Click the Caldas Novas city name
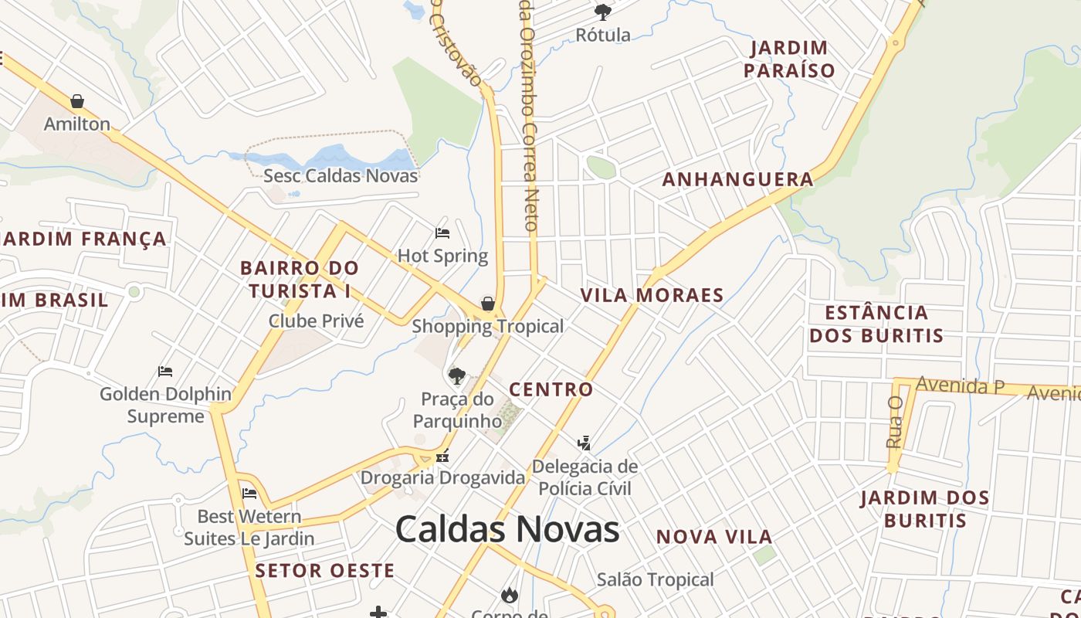(507, 530)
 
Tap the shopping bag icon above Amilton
(77, 101)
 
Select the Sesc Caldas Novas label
(341, 175)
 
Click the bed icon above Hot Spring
(442, 233)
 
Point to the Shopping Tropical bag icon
(488, 304)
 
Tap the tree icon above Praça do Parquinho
(457, 376)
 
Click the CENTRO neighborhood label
(551, 389)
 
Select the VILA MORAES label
(652, 295)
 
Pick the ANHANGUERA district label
(737, 180)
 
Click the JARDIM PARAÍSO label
(789, 59)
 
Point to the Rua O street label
(895, 422)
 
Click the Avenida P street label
(959, 385)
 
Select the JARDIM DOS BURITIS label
(925, 508)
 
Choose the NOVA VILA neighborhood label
(713, 537)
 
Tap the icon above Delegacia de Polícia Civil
(585, 443)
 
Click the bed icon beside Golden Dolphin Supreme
(165, 372)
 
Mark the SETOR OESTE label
(324, 571)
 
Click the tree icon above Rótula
(603, 12)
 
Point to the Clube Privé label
(316, 321)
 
